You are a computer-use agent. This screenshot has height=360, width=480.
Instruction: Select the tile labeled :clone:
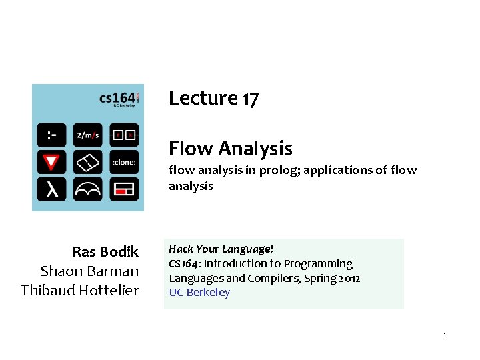click(124, 161)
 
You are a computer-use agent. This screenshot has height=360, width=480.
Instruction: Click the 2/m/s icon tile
click(87, 135)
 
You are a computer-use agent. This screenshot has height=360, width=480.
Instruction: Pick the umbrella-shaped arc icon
click(87, 189)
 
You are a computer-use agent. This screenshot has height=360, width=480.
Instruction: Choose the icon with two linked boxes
click(124, 135)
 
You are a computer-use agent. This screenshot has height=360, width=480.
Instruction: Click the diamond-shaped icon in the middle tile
click(87, 161)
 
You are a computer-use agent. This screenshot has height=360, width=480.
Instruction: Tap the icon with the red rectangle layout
click(124, 189)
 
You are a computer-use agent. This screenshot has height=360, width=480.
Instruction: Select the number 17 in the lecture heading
click(250, 99)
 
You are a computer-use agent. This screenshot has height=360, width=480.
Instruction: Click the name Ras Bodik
click(105, 251)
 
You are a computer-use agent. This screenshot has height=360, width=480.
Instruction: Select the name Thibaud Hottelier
click(79, 290)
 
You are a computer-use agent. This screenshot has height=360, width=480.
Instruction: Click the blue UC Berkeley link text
click(199, 292)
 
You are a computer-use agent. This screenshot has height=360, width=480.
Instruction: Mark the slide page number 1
click(444, 336)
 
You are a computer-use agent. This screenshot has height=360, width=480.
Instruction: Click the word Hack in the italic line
click(180, 249)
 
